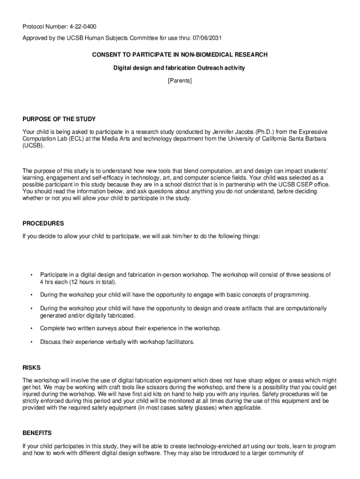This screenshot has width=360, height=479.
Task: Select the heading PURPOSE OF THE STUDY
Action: pos(59,119)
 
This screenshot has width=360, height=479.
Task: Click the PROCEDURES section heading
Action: pos(43,223)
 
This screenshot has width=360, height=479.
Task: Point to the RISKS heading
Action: pos(30,367)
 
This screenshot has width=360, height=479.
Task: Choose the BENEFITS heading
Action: pos(37,433)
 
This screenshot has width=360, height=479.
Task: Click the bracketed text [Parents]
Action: pos(180,81)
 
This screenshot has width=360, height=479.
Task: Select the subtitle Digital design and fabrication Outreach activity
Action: pos(180,68)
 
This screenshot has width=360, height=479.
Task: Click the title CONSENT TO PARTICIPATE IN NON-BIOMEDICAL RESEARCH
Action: pos(180,55)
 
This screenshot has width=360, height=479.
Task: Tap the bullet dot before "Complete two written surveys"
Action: pos(31,328)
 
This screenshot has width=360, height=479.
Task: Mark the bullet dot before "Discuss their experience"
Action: pos(31,342)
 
